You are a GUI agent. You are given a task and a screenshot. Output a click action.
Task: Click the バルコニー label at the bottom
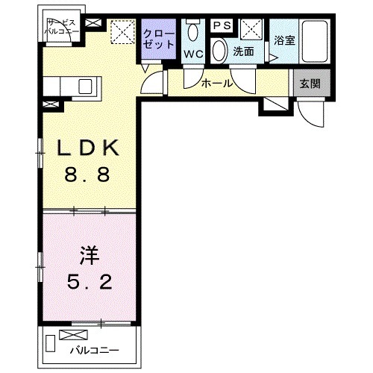93,348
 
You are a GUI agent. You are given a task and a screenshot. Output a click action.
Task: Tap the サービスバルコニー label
57,28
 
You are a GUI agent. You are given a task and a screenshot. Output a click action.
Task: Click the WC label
194,54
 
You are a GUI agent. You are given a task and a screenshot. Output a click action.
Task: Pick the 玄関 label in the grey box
310,84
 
